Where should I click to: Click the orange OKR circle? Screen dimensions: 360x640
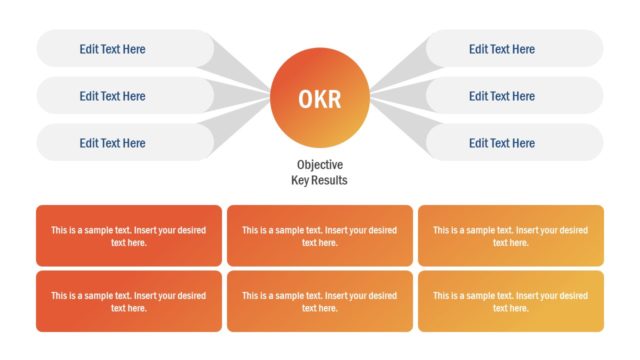[x=320, y=97]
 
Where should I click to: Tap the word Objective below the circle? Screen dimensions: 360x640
[x=320, y=165]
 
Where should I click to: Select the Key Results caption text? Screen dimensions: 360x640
[x=320, y=181]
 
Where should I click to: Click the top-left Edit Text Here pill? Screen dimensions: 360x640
[x=124, y=49]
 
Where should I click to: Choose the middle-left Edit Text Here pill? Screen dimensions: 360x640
[x=124, y=96]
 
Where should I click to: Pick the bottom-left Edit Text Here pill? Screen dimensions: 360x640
[x=124, y=143]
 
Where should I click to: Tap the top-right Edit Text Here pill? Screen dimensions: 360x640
[x=514, y=49]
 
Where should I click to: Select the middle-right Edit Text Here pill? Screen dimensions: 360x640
[x=514, y=96]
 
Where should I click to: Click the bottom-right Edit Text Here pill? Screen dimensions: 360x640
[x=514, y=143]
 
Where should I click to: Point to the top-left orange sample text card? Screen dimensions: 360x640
[x=128, y=236]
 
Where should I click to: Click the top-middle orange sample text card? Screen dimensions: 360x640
[x=320, y=236]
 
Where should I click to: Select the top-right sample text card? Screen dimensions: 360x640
[x=511, y=236]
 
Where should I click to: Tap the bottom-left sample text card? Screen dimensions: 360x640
[x=128, y=301]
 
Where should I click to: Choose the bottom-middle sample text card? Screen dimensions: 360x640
[x=320, y=301]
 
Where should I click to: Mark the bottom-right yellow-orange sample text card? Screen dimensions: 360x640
[x=511, y=301]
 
